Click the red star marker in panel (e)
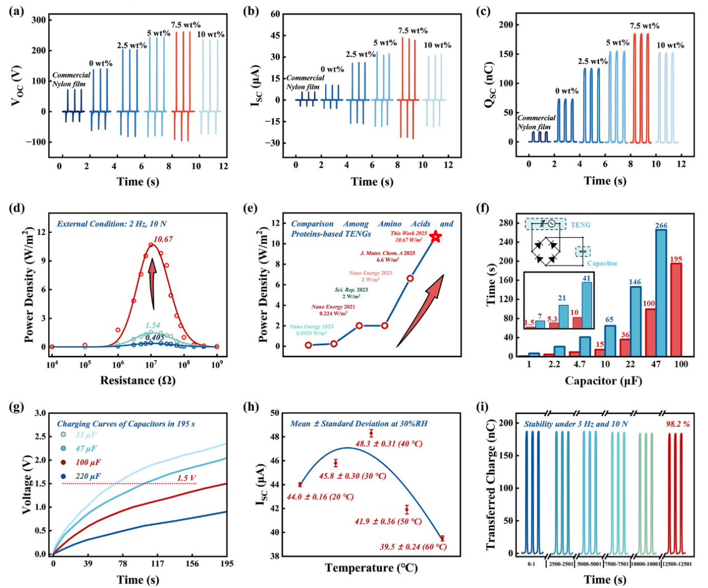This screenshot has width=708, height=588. click(x=435, y=237)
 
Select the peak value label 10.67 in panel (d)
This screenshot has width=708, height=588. click(x=163, y=239)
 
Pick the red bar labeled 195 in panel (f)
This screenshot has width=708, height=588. click(x=676, y=309)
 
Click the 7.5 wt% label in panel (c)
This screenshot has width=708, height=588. click(x=644, y=26)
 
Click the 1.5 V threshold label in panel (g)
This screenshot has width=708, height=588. click(x=187, y=478)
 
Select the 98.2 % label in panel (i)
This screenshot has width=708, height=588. click(x=677, y=424)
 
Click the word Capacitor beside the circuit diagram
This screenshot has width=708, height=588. click(x=602, y=263)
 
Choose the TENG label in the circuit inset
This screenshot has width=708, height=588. click(x=580, y=225)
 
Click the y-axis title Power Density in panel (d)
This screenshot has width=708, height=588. click(x=29, y=285)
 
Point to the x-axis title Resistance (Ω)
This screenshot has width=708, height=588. click(x=138, y=381)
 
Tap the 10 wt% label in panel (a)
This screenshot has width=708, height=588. click(x=210, y=35)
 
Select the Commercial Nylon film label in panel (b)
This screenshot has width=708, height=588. click(x=304, y=82)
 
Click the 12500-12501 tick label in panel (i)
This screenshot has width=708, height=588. click(x=677, y=564)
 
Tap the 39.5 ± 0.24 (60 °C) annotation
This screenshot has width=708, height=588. click(x=413, y=547)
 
